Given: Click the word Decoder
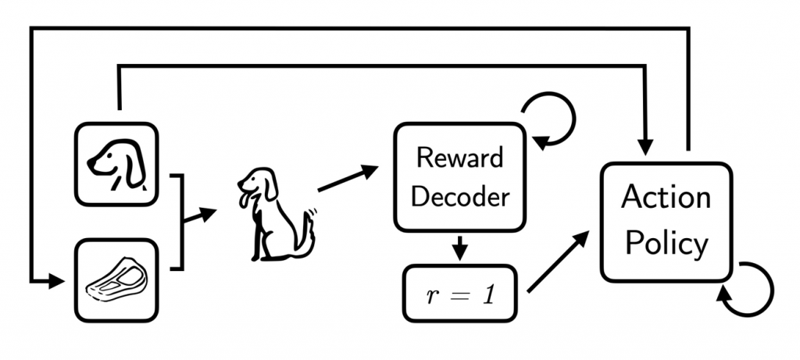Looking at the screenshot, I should click(x=459, y=195).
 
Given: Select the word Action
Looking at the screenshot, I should click(x=666, y=198).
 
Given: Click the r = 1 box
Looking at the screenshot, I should click(x=459, y=294).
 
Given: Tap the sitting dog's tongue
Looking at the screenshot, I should click(x=244, y=205).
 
